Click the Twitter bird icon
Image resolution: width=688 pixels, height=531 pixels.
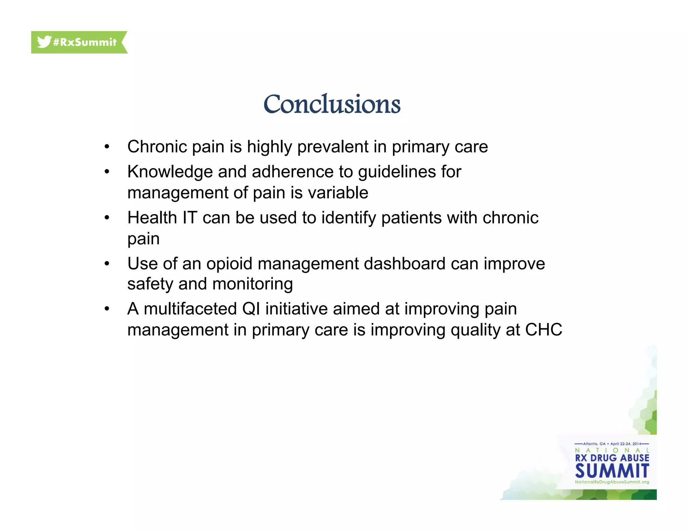point(44,42)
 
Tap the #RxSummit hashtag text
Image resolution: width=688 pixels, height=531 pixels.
point(85,42)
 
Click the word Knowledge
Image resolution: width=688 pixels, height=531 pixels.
point(170,172)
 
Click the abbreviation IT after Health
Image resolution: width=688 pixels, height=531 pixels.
point(190,218)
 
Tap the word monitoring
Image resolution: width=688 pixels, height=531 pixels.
point(253,284)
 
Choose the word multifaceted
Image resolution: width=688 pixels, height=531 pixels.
point(190,309)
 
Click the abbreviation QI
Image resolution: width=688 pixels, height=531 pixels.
point(251,309)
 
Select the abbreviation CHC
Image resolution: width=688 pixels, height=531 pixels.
point(544,330)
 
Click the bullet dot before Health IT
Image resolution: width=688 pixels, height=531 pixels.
point(107,218)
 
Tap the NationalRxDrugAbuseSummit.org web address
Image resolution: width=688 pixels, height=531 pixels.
point(612,482)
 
